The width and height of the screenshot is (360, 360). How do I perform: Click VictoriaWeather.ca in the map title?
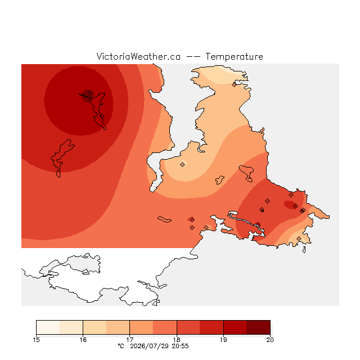(138, 56)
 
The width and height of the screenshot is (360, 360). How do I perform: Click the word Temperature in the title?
(234, 56)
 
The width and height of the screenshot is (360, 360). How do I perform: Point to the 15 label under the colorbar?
(36, 340)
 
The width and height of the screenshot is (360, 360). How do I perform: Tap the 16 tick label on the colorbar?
(83, 340)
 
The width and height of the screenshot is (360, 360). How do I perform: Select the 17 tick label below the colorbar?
(130, 340)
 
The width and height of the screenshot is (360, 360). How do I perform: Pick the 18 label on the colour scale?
(177, 340)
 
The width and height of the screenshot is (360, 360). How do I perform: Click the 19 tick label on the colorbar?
(223, 340)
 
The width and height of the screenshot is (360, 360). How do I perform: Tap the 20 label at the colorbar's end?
(270, 340)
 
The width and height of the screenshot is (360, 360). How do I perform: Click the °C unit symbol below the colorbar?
(121, 346)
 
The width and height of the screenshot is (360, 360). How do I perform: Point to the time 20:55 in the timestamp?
(180, 346)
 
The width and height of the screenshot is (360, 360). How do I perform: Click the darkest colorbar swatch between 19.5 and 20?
(258, 327)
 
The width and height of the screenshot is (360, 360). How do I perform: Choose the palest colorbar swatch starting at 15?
(48, 327)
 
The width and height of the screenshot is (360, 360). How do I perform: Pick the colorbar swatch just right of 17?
(141, 327)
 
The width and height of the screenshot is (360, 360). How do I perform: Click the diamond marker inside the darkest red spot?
(90, 93)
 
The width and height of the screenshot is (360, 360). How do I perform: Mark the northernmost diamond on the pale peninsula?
(234, 85)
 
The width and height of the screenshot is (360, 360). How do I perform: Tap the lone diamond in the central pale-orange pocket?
(182, 164)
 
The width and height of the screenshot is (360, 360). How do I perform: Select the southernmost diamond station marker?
(299, 238)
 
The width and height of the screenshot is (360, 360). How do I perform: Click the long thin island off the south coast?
(164, 219)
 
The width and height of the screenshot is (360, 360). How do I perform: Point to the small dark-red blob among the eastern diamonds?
(290, 205)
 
